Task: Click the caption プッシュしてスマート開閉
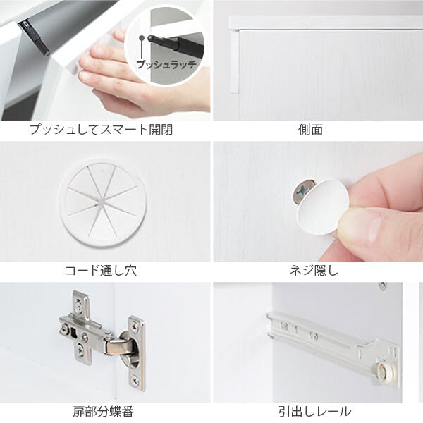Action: pyautogui.click(x=101, y=130)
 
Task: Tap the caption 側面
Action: pyautogui.click(x=310, y=130)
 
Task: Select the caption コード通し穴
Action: pyautogui.click(x=101, y=270)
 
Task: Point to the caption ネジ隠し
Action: pyautogui.click(x=314, y=270)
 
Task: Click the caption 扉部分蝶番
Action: pyautogui.click(x=104, y=412)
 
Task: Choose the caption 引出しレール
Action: pyautogui.click(x=315, y=412)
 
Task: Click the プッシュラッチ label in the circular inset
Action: pyautogui.click(x=166, y=65)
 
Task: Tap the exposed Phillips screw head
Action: pyautogui.click(x=302, y=191)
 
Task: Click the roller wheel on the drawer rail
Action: pyautogui.click(x=383, y=369)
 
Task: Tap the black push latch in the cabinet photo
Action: pyautogui.click(x=35, y=37)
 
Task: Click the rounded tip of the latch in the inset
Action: pyautogui.click(x=151, y=38)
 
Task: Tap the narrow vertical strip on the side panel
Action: pyautogui.click(x=235, y=63)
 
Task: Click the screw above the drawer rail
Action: pyautogui.click(x=382, y=286)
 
